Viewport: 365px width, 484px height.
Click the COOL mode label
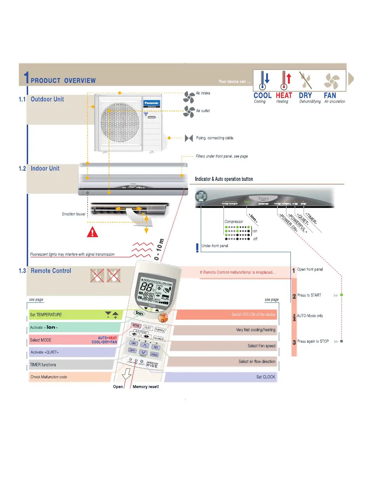pos(262,96)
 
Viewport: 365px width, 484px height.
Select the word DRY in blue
pos(305,96)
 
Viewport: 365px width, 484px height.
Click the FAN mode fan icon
pos(332,81)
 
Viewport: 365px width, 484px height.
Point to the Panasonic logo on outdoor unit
pos(152,103)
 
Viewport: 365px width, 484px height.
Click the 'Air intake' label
pos(203,93)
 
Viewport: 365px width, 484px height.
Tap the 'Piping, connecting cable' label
pos(214,138)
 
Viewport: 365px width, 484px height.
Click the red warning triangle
pos(92,232)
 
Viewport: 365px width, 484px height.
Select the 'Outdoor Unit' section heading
pos(47,99)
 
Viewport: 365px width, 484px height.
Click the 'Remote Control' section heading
pos(51,271)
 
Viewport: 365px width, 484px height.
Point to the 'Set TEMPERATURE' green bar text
pos(46,315)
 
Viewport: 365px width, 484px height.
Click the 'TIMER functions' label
pos(43,365)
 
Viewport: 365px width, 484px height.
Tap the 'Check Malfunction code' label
pos(49,377)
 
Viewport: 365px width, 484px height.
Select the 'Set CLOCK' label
pos(265,377)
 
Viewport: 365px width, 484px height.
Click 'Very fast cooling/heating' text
pos(256,330)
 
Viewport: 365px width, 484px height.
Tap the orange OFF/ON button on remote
pos(162,318)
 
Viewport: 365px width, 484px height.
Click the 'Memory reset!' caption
pos(146,387)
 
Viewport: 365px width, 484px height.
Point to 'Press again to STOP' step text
pos(313,341)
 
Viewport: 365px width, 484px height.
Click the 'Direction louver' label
pos(73,214)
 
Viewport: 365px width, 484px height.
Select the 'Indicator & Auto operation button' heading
pos(224,179)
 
